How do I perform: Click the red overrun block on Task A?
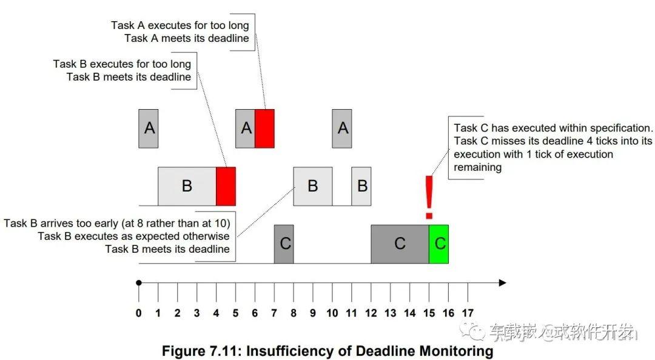point(264,128)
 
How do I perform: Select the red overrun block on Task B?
point(226,186)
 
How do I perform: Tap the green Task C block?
point(438,244)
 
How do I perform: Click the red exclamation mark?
point(429,197)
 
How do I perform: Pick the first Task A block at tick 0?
point(149,128)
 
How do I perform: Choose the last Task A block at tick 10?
point(341,128)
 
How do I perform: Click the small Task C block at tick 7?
point(284,244)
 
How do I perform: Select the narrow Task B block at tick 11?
point(361,186)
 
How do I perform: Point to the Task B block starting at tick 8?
point(313,186)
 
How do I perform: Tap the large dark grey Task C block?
point(400,244)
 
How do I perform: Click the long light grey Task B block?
point(187,186)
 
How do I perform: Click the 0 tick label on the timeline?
point(139,313)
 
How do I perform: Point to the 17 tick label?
point(468,313)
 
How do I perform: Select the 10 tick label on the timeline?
point(332,313)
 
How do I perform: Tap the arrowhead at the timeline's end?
point(503,283)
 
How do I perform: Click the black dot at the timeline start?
point(139,283)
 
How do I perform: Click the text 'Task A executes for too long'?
point(180,25)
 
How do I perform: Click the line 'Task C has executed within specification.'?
point(553,128)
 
